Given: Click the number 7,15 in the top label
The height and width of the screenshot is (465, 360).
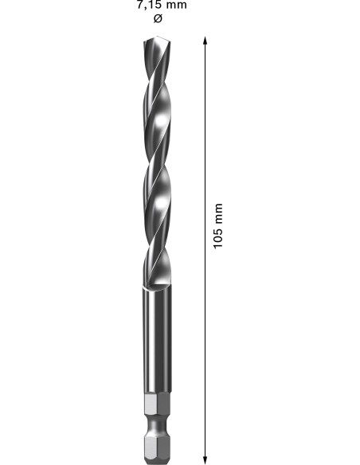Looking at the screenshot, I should (148, 4).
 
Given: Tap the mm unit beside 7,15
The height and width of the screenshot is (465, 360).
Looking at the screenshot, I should (176, 4).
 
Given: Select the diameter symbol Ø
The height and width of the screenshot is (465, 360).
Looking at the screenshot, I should (156, 19).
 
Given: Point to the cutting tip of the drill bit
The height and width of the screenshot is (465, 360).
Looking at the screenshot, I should (156, 37).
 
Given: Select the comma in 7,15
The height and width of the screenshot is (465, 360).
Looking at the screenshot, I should (145, 6).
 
